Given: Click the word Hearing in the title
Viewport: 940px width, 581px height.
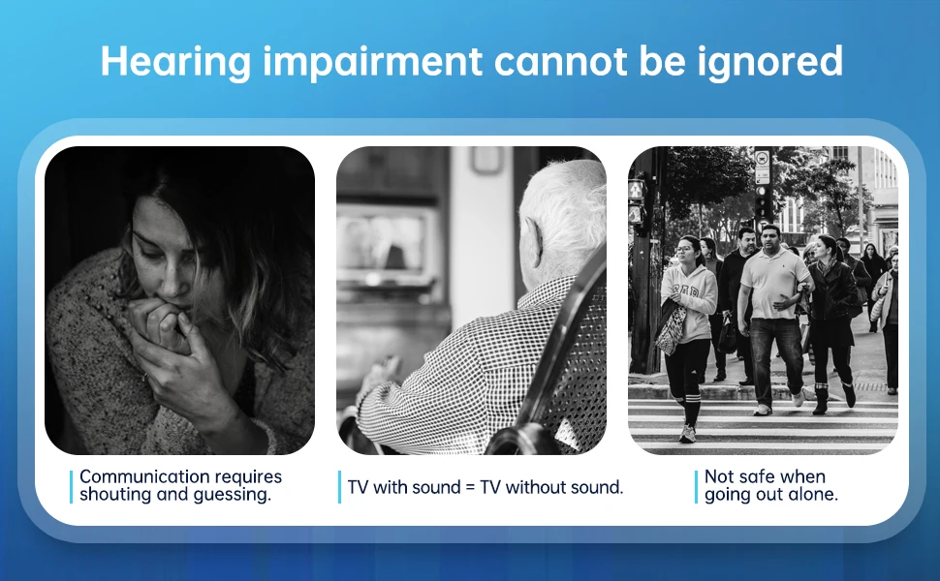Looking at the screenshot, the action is coord(175,61).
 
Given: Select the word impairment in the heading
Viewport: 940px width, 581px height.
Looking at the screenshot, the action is coord(372,61).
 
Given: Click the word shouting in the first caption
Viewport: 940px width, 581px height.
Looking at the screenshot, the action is coord(115,495).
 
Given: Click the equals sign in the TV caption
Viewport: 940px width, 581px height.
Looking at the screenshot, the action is coord(470,488).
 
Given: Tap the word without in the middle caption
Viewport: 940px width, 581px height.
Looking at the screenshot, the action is coord(535,487).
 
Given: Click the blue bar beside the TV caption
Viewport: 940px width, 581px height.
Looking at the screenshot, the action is coord(339,487).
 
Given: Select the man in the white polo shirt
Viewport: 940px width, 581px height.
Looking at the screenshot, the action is coord(771,319).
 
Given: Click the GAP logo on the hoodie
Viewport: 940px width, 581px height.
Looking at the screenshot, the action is coord(686,292).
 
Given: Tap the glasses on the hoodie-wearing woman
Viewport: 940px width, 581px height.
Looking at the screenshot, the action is coord(684,249).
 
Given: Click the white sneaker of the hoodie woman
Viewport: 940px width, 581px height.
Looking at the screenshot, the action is coord(687,434).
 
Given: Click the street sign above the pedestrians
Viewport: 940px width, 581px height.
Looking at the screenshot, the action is coord(762,167).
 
